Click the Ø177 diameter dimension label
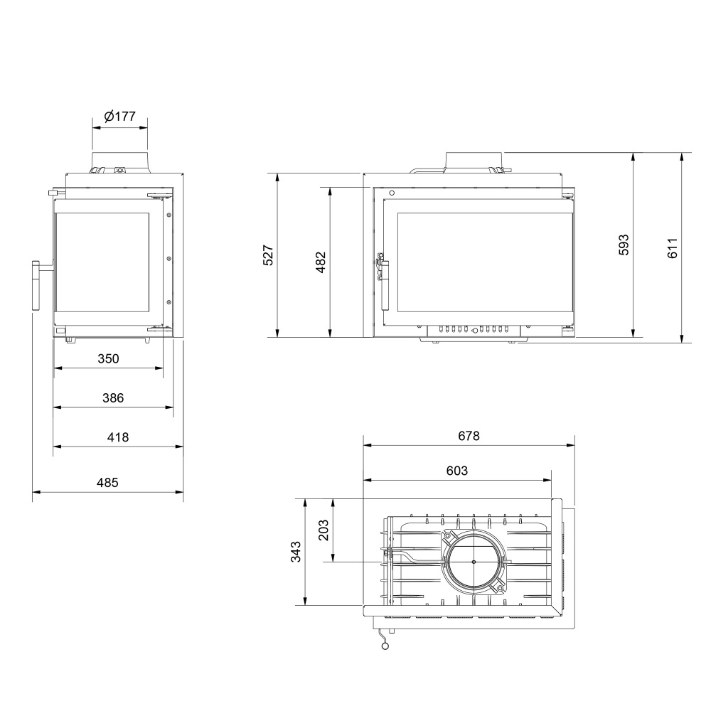(x=119, y=117)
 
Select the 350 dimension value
(x=108, y=358)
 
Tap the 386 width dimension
(x=113, y=397)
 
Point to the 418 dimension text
(x=118, y=437)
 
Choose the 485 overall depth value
(x=107, y=483)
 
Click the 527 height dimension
(x=269, y=255)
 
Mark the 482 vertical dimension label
(x=321, y=262)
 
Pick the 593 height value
(x=624, y=245)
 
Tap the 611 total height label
(x=673, y=248)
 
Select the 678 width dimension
(x=469, y=436)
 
